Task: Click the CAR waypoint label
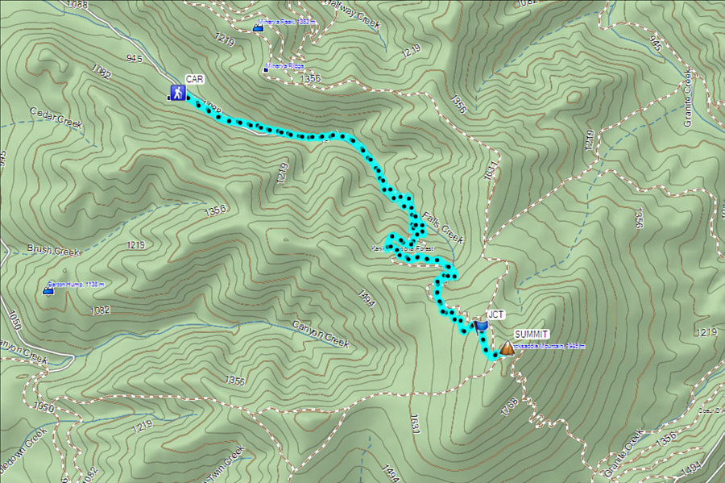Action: pos(194,79)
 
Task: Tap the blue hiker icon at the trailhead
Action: pos(176,93)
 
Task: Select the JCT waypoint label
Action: pos(496,315)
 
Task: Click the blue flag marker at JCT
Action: pos(481,325)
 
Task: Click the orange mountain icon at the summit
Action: pos(507,348)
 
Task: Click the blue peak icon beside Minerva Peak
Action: pos(258,29)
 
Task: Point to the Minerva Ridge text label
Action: pos(287,67)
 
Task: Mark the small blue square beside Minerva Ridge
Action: pos(266,68)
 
